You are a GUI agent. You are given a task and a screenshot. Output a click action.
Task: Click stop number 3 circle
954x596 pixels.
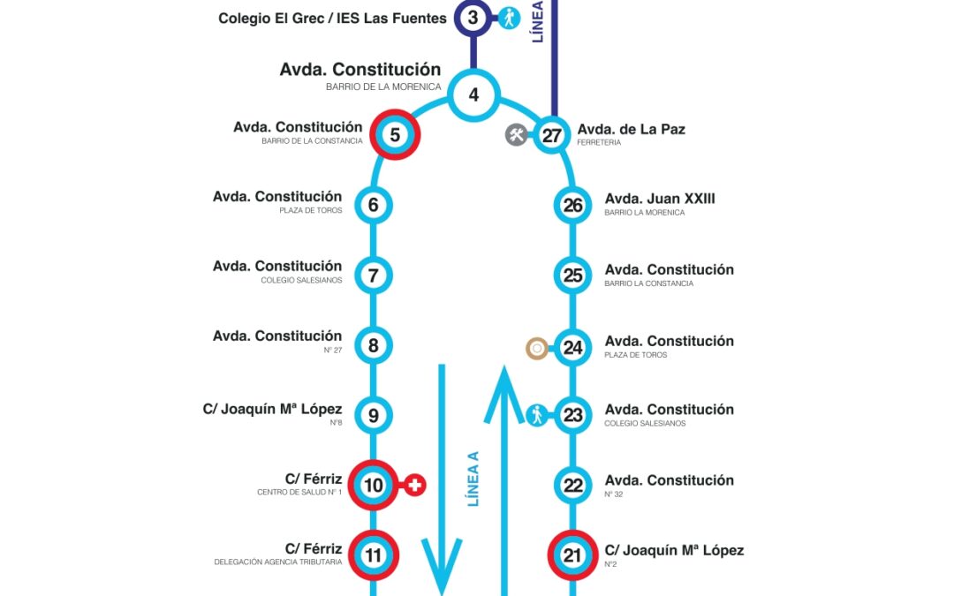tap(473, 17)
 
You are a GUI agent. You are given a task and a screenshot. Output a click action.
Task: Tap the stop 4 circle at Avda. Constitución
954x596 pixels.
tap(474, 94)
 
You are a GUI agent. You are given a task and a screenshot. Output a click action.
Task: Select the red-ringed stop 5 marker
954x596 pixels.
tap(394, 135)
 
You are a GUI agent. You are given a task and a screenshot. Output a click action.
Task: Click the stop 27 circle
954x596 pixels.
tap(552, 135)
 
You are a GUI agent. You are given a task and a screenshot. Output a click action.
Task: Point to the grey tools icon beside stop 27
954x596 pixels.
tap(516, 135)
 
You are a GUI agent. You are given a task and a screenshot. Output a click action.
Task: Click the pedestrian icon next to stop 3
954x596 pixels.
tap(510, 17)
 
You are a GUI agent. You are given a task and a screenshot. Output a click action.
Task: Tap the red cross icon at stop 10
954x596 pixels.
tap(415, 485)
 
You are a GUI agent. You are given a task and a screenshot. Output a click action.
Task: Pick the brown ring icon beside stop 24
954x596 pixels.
tap(535, 348)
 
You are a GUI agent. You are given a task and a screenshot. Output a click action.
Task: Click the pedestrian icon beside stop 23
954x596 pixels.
tap(537, 415)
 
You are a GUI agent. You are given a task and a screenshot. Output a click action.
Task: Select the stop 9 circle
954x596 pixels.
tap(374, 415)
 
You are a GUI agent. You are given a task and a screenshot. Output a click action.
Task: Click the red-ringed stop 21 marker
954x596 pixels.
tap(572, 555)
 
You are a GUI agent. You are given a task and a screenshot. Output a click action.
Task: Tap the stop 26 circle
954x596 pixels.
tap(572, 206)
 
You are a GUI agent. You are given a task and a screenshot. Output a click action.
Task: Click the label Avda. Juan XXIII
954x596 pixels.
tap(660, 199)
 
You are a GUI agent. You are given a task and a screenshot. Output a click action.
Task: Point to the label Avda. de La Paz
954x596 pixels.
tap(631, 129)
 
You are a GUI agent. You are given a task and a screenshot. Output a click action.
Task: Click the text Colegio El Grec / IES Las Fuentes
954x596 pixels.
tap(332, 18)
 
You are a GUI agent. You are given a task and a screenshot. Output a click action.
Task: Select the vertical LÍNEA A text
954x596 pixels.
tap(473, 479)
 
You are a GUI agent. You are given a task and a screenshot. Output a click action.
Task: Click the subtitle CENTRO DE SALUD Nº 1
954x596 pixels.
tap(299, 493)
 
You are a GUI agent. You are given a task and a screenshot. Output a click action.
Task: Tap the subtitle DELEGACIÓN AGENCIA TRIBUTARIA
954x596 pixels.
tap(277, 562)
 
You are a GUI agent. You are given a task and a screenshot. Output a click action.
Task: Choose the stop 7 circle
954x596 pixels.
tap(374, 275)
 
